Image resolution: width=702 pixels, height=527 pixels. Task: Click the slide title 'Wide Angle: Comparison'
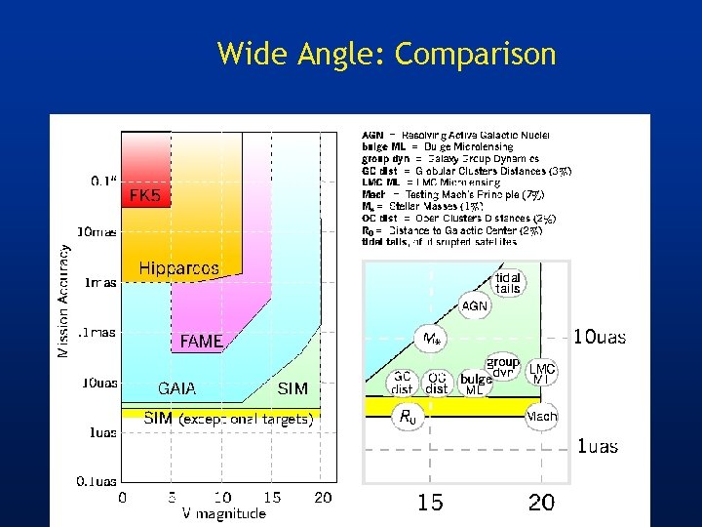click(x=386, y=53)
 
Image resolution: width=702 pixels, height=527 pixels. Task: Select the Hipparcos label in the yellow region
click(x=178, y=267)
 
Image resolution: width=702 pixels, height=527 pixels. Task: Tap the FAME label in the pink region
click(x=201, y=342)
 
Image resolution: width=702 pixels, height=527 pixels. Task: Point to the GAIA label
click(x=176, y=388)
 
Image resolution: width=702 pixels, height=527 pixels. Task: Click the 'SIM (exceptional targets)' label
click(x=227, y=419)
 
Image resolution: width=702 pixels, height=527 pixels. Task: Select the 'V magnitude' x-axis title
click(x=224, y=513)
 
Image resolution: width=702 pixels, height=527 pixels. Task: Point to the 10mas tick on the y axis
click(x=97, y=232)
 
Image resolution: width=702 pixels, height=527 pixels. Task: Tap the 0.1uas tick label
click(x=97, y=480)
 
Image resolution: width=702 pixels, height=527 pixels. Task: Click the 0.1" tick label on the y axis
click(x=104, y=181)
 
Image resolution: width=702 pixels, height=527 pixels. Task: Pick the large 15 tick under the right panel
click(x=430, y=503)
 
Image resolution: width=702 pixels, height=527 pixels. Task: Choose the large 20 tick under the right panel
click(x=541, y=503)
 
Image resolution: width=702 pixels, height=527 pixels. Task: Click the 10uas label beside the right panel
click(x=600, y=338)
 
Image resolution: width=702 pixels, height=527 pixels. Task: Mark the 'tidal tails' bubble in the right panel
click(x=507, y=283)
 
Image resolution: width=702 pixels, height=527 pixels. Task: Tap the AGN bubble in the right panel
click(x=475, y=305)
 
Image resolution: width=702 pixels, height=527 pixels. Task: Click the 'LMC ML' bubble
click(x=541, y=373)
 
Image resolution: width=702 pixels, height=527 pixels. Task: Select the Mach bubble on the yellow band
click(x=541, y=417)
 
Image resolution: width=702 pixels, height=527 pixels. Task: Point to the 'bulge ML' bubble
click(x=476, y=384)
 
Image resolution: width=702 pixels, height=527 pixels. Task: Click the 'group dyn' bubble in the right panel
click(x=503, y=367)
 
